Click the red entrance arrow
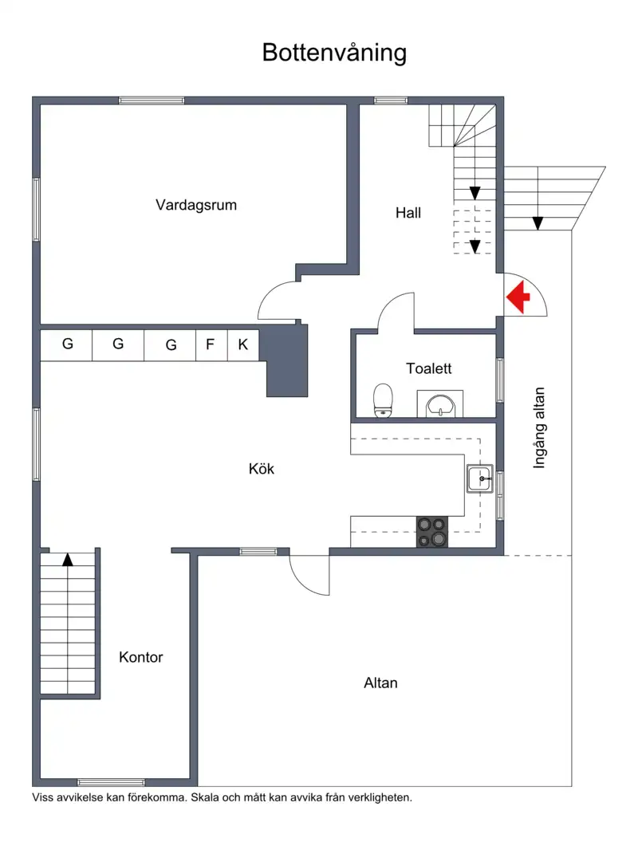[518, 297]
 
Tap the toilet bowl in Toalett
[384, 400]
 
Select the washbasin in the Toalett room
[440, 404]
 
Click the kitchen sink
[479, 478]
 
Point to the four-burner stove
[431, 532]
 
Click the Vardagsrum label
[196, 205]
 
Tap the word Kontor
[141, 657]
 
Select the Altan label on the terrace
[380, 683]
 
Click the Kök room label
[262, 469]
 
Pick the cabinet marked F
[211, 345]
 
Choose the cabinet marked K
[243, 345]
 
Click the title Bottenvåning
[334, 53]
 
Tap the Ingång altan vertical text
[539, 428]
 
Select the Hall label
[408, 213]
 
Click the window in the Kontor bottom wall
[111, 782]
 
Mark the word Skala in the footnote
[204, 797]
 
